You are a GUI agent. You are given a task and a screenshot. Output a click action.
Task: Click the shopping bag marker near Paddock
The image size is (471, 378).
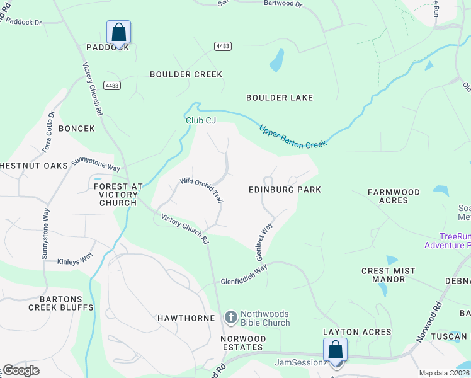click(x=118, y=32)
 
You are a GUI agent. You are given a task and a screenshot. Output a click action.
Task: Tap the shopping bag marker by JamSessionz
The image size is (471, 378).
click(x=335, y=350)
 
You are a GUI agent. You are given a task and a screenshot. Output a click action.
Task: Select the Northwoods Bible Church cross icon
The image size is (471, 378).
click(x=231, y=318)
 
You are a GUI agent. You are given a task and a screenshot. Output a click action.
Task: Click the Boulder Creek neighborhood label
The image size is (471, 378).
click(x=186, y=74)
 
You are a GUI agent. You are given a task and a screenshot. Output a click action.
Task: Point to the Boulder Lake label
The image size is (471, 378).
click(x=280, y=98)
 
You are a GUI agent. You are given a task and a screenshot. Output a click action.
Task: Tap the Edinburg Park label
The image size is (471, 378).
click(x=285, y=190)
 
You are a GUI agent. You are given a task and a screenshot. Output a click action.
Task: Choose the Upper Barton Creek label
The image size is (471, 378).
click(x=293, y=136)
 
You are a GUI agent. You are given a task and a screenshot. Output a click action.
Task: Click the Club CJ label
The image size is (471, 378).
click(x=201, y=120)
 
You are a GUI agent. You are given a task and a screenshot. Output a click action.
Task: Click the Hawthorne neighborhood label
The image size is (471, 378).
click(x=186, y=318)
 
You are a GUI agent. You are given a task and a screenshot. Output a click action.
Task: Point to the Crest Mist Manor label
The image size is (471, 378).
click(x=388, y=275)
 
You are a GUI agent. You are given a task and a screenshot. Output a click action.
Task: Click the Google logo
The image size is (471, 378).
click(x=21, y=370)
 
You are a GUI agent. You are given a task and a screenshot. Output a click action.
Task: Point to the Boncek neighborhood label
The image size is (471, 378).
click(x=76, y=129)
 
